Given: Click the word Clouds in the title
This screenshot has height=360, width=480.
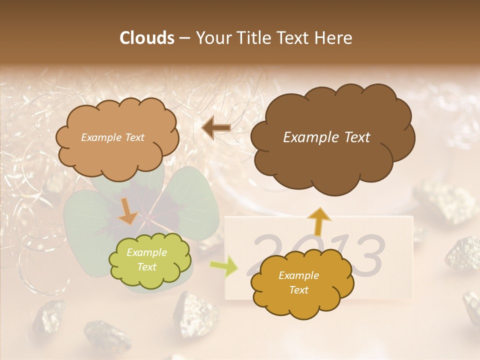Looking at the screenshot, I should click(x=147, y=38).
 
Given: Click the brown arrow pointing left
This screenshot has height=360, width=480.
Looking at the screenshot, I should click(x=216, y=128).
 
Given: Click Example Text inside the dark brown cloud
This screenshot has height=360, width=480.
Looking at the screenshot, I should click(x=326, y=137).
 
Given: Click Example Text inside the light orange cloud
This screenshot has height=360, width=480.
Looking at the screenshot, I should click(x=112, y=137).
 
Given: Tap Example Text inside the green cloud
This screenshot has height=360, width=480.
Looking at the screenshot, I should click(x=147, y=259).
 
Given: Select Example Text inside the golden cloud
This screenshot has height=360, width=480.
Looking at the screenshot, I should click(x=298, y=282).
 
